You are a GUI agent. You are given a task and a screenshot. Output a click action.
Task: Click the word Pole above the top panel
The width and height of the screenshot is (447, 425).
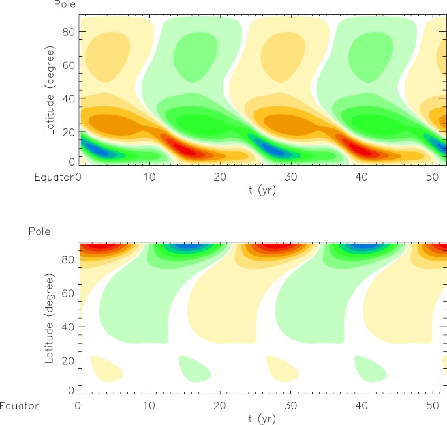coord(64,5)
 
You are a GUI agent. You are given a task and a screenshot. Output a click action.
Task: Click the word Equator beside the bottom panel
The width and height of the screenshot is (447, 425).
coord(19,405)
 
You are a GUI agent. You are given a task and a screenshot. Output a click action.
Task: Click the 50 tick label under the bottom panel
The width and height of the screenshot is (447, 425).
coord(430,405)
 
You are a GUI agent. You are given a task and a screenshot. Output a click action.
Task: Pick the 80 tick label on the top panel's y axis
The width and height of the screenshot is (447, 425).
coord(65,31)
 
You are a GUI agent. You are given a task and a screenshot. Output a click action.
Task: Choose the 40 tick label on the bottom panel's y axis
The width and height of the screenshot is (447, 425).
coord(65,327)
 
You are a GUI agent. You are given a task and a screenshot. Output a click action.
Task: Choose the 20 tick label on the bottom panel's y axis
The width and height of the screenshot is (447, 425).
coord(65,360)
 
